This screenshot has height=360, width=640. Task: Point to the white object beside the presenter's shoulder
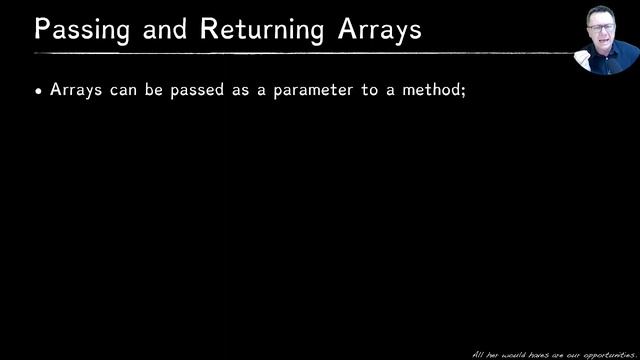pyautogui.click(x=581, y=50)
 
